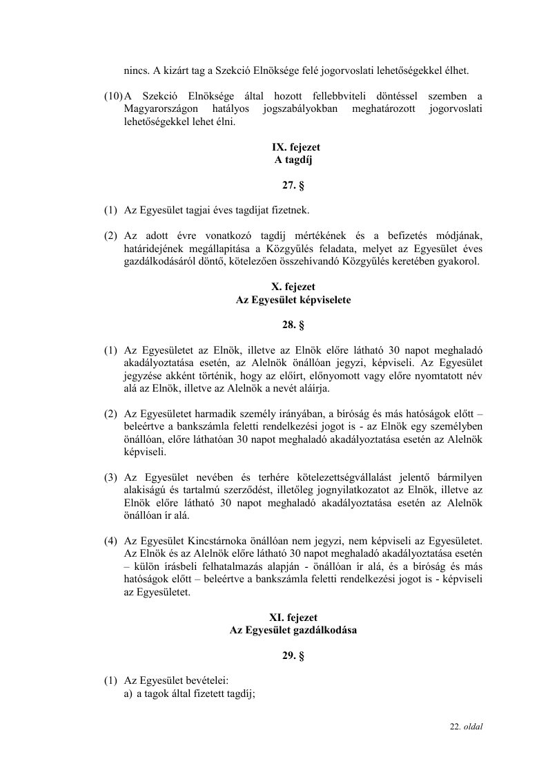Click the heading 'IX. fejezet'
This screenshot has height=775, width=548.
293,148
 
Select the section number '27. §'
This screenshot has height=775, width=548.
293,185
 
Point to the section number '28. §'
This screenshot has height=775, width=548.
293,325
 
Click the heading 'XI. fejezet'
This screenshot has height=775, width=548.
293,618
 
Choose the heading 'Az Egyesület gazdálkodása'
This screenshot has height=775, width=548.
293,630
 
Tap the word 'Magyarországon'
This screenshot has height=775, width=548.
161,109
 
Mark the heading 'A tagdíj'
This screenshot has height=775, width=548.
293,160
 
